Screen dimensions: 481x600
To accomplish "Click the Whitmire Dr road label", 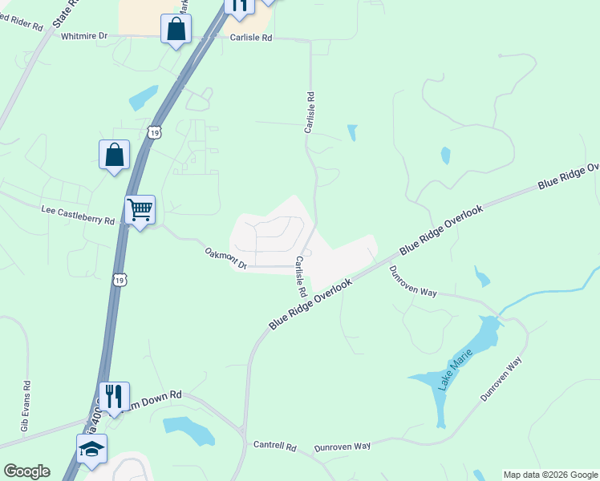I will [84, 36].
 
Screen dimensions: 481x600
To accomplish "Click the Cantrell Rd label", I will [274, 446].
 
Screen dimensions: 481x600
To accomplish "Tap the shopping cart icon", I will [140, 211].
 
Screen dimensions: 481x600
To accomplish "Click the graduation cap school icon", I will [91, 449].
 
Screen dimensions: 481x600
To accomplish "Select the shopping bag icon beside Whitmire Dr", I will [176, 30].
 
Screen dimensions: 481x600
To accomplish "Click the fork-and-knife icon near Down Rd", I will [115, 395].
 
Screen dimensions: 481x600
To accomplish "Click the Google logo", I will [26, 471].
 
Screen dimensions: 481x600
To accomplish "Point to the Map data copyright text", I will [550, 475].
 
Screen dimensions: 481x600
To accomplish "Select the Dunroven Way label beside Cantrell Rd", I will [343, 446].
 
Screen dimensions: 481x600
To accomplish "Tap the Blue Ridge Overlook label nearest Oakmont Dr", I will [310, 304].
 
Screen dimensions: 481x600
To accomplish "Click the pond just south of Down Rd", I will [190, 430].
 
